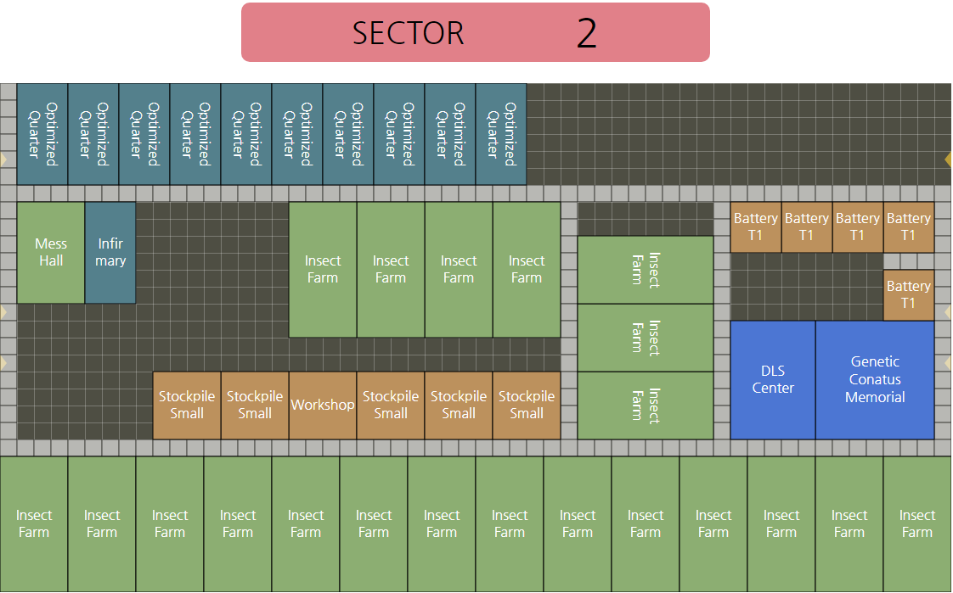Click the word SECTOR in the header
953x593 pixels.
tap(409, 33)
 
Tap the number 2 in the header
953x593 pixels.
tap(587, 33)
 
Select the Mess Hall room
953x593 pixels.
tap(51, 253)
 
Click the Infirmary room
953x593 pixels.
tap(110, 253)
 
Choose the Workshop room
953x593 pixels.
tap(323, 406)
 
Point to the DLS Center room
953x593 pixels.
tap(773, 380)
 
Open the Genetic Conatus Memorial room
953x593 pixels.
tap(875, 380)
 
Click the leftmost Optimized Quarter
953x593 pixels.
tap(42, 134)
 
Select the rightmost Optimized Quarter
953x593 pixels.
tap(501, 134)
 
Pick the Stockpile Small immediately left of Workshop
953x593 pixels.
tap(255, 406)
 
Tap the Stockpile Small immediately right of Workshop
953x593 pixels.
tap(391, 406)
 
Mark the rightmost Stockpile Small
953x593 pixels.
tap(527, 406)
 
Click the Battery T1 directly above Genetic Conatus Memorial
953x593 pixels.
tap(909, 295)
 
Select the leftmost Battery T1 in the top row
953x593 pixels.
tap(756, 227)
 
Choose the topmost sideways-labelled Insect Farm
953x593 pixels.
tap(646, 270)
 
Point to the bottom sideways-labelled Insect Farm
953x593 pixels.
tap(646, 406)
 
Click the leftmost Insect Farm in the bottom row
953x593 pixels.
tap(34, 524)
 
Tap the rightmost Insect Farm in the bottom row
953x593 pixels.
tap(917, 524)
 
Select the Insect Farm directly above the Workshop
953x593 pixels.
tap(323, 270)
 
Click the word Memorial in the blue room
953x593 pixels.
tap(875, 397)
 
